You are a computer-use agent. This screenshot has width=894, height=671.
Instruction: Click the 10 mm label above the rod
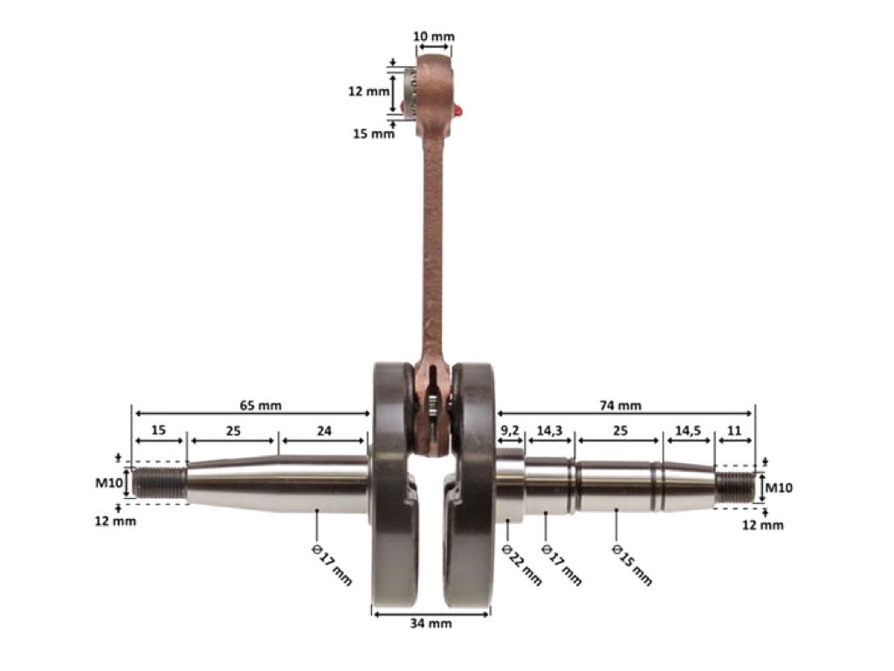point(434,37)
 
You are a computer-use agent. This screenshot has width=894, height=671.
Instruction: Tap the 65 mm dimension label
point(260,405)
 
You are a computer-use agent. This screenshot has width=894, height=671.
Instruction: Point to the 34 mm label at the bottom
point(431,623)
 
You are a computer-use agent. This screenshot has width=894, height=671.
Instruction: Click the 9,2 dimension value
point(510,430)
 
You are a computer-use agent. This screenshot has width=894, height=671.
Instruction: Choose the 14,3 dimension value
point(550,430)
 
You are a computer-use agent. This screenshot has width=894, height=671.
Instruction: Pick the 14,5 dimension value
point(688,430)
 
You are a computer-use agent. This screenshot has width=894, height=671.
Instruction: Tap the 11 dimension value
point(734,430)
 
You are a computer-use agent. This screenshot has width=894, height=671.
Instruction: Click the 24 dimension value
point(324,431)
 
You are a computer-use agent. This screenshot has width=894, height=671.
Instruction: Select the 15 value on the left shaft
point(159,430)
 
